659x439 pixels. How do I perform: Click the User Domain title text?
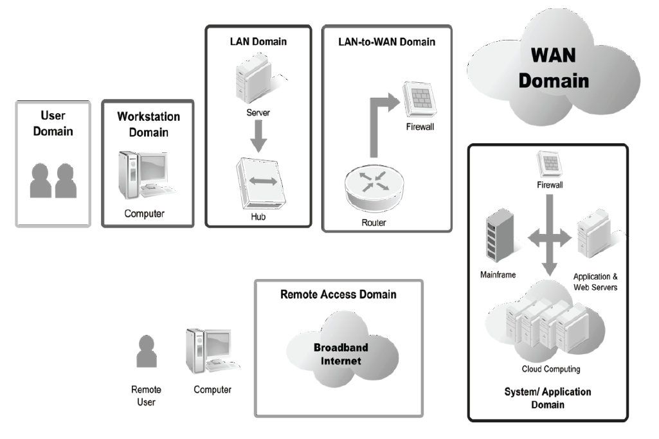click(x=53, y=124)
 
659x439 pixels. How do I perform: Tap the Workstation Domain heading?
click(x=149, y=125)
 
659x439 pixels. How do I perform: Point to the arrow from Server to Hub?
click(x=258, y=136)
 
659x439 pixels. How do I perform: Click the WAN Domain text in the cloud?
click(x=554, y=69)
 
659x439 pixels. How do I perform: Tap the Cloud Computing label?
click(x=550, y=369)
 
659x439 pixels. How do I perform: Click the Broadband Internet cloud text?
click(x=341, y=354)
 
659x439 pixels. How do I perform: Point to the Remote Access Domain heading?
click(x=338, y=294)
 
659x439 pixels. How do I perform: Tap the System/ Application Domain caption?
click(x=548, y=398)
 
